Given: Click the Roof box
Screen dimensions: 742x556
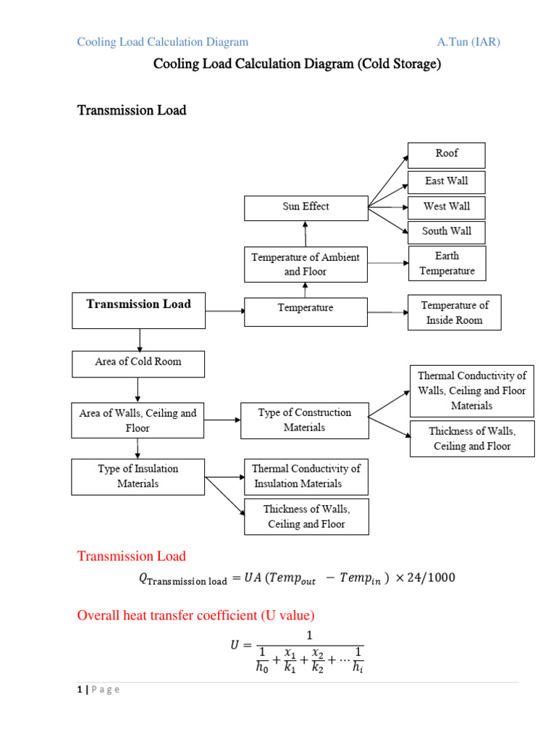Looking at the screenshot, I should pos(447,154).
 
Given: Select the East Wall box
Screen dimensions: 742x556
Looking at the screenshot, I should pos(447,181).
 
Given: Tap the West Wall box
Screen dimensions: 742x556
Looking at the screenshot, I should pos(447,207).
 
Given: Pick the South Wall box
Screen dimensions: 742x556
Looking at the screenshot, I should pos(447,232).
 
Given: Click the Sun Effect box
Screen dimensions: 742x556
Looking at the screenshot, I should pos(306,207).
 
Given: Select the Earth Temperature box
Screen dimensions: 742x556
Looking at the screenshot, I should pos(447,263).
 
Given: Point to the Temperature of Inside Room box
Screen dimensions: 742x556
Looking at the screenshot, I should pos(454,312).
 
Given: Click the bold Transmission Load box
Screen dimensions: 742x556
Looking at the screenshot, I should pos(138,309).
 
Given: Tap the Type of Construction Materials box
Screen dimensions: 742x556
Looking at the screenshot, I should pos(304,420).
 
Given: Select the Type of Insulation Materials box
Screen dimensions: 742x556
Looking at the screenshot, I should pos(138,476).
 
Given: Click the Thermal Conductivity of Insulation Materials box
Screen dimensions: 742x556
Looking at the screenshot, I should pos(306,476).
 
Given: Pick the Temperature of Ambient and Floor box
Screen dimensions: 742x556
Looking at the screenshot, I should pos(305,264).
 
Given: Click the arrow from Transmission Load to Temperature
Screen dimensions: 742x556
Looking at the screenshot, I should pos(224,311).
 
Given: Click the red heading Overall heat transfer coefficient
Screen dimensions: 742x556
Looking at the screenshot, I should pos(195,616).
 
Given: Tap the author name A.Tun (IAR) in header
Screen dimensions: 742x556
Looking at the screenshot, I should pos(468,42).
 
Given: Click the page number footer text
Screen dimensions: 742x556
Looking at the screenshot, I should pos(98,690).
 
